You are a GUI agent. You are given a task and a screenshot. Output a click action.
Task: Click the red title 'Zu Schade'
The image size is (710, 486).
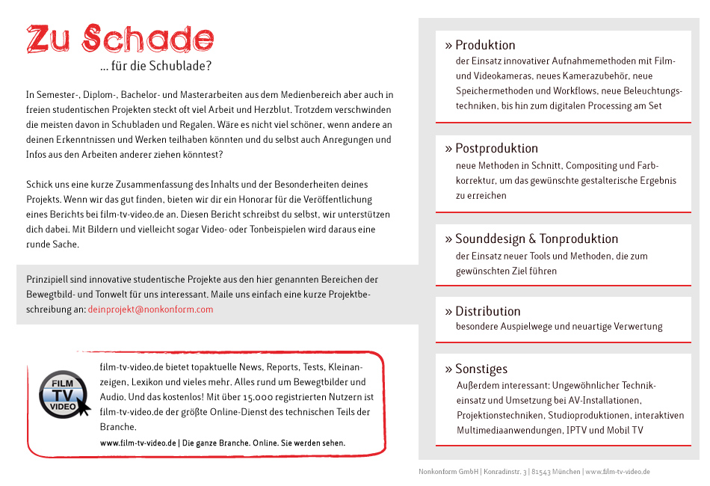120,39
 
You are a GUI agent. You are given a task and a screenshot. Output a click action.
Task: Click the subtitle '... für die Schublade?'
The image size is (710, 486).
155,66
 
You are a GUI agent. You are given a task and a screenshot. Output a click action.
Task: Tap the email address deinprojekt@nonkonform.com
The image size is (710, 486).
150,309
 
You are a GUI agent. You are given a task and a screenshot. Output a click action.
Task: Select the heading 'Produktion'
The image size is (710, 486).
485,45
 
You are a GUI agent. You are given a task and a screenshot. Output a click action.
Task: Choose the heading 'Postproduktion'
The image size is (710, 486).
496,148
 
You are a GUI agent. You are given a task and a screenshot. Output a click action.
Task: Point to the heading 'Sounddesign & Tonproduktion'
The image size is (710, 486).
537,239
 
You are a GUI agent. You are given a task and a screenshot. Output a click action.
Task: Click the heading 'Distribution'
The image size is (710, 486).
488,311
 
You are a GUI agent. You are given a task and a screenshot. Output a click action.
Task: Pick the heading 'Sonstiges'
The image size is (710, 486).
481,369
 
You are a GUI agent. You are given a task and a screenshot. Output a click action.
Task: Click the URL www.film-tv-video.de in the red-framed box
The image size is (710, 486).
139,443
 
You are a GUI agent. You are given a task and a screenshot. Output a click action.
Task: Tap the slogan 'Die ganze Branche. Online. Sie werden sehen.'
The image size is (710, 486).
265,443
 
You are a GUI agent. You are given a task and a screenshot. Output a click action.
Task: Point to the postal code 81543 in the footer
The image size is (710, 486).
544,472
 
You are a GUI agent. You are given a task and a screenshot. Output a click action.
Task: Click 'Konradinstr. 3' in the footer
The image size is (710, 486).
505,472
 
